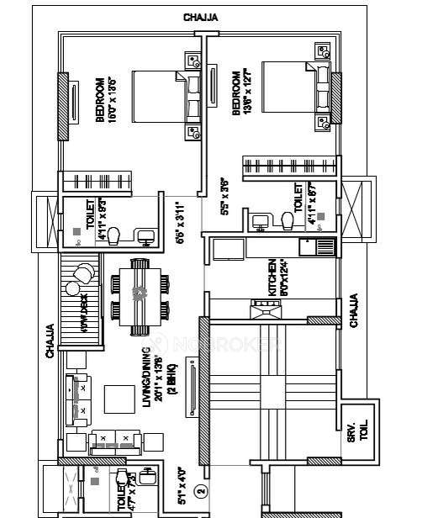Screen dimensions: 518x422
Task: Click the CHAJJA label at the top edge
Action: tap(203, 18)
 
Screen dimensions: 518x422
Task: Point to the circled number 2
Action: tap(199, 487)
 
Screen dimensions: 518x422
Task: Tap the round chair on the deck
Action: tap(84, 273)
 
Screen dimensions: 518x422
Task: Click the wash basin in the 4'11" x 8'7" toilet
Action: tap(260, 220)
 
